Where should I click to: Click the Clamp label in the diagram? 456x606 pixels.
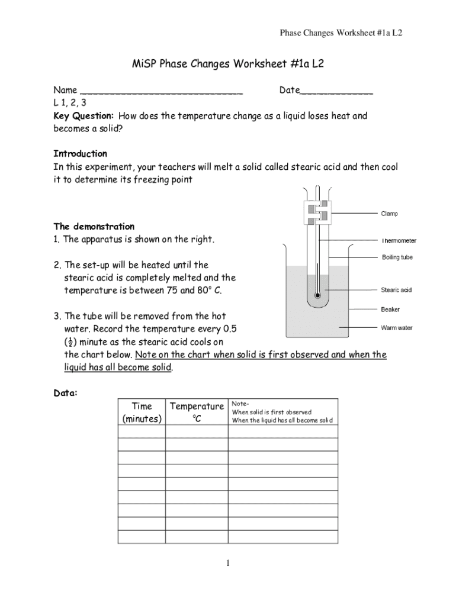(389, 214)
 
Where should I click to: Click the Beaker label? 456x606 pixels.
(390, 310)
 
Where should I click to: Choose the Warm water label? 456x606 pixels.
(396, 328)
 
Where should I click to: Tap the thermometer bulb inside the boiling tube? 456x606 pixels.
(318, 294)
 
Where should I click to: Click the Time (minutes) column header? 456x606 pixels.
(142, 412)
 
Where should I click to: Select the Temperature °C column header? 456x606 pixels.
(197, 412)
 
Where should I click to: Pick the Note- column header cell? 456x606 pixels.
(282, 412)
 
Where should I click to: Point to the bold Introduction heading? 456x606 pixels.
(81, 154)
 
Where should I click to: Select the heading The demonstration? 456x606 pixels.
(94, 227)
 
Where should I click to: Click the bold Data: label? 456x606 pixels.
(65, 393)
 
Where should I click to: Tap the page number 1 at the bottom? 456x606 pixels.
(228, 563)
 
